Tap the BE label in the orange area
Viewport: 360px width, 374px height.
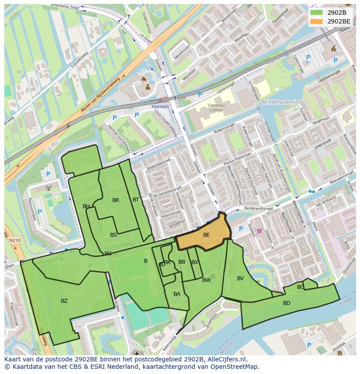click(x=207, y=235)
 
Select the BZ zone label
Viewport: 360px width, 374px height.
click(x=64, y=301)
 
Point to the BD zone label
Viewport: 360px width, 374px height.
click(x=287, y=303)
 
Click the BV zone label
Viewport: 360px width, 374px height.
click(x=240, y=278)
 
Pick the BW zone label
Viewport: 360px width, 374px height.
click(x=207, y=280)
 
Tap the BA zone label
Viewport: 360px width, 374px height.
click(x=177, y=294)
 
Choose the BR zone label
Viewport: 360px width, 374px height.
click(x=116, y=200)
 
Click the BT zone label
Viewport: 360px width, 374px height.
click(x=136, y=200)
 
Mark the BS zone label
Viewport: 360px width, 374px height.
click(x=113, y=235)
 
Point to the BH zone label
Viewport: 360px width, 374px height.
click(x=86, y=206)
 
